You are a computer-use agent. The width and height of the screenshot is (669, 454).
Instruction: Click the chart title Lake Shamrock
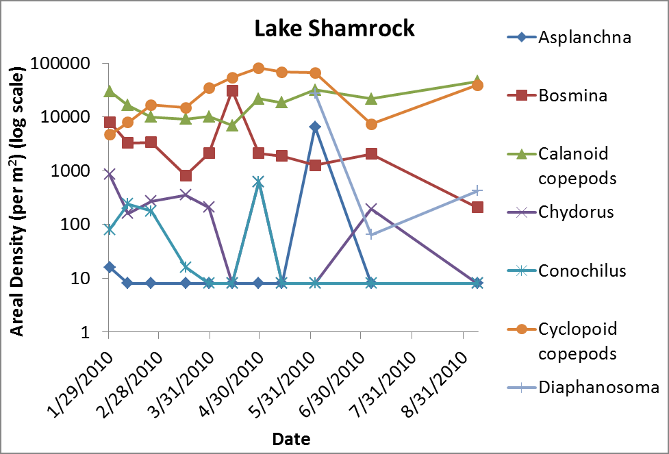(334, 28)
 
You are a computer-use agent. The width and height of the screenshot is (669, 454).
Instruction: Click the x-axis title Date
(290, 438)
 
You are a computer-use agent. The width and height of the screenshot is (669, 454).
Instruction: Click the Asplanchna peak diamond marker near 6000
(315, 127)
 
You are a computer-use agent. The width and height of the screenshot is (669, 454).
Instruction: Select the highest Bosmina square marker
(233, 90)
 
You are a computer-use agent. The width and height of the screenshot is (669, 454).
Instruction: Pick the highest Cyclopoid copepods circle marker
(259, 68)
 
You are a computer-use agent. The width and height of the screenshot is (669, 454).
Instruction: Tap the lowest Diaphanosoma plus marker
(371, 234)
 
